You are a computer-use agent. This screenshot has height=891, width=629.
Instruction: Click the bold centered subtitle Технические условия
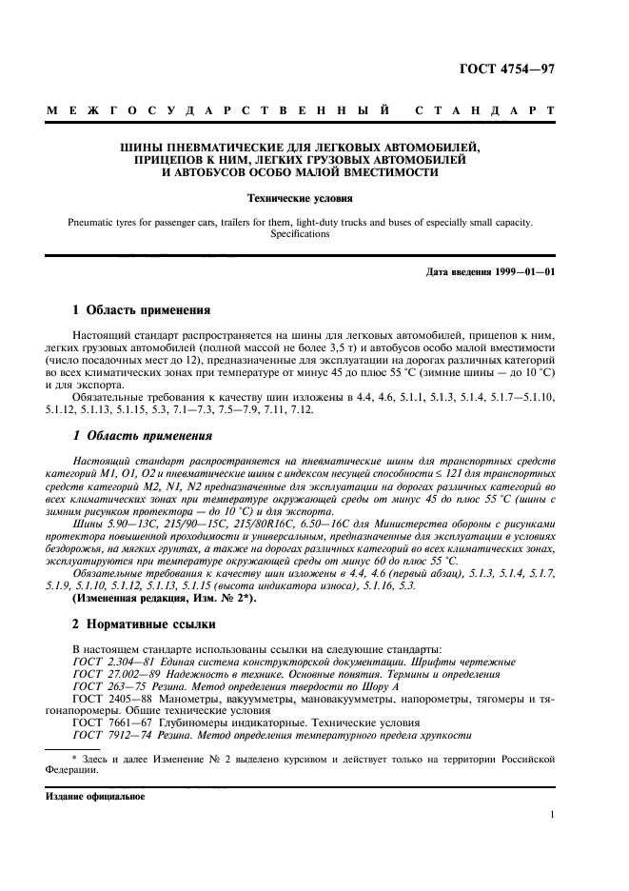300,200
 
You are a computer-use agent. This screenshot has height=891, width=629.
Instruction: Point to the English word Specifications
300,233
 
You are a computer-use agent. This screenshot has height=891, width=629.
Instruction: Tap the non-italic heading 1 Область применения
135,309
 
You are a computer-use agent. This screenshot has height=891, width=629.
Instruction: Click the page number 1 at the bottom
552,815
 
